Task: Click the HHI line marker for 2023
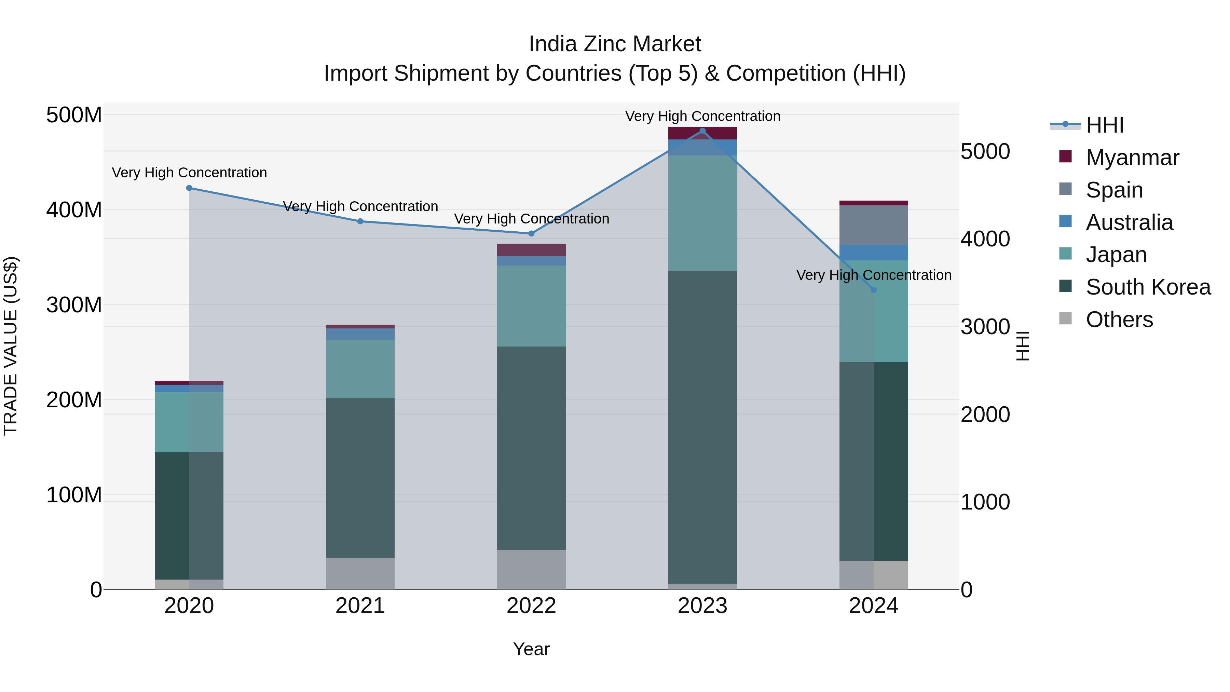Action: click(x=702, y=131)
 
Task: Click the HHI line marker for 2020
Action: click(x=189, y=188)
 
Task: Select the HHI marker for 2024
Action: click(x=874, y=290)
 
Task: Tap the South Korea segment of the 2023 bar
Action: click(x=702, y=428)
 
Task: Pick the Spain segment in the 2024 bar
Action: click(x=874, y=225)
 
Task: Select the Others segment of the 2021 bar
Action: click(x=360, y=573)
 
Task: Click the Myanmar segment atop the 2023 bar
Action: click(x=702, y=133)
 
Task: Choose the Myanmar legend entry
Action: click(x=1132, y=158)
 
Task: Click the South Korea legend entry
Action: click(x=1148, y=287)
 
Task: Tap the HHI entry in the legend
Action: click(x=1104, y=125)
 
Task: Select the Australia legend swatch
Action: click(x=1065, y=221)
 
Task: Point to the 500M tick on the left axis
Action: click(x=74, y=115)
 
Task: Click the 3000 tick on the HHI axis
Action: click(x=985, y=327)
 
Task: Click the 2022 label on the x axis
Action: click(x=531, y=606)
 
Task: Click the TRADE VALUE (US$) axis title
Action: click(x=11, y=346)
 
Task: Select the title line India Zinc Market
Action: click(x=615, y=44)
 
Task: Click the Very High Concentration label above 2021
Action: click(x=360, y=206)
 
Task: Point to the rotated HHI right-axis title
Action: click(x=1022, y=346)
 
